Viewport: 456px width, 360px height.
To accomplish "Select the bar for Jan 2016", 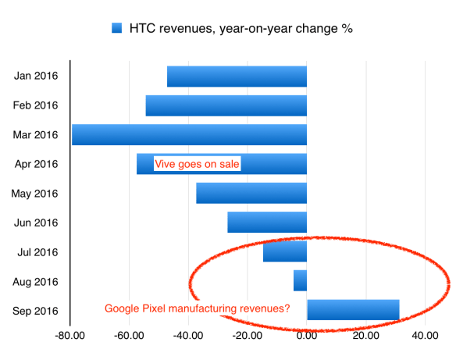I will click(237, 77).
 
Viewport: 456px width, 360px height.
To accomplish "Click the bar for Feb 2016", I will click(226, 105).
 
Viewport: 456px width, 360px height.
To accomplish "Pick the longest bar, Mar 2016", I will click(189, 134).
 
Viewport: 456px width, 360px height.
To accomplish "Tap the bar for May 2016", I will click(251, 193).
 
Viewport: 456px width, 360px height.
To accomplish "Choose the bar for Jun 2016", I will click(267, 223).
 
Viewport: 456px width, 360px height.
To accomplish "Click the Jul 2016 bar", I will click(285, 251).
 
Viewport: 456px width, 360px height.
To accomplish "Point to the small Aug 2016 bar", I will click(300, 280).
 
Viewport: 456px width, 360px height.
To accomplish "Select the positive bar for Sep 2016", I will click(353, 309).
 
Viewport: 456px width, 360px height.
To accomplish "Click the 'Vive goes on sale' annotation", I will click(197, 164).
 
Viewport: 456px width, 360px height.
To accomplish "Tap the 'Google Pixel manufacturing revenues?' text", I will click(198, 309).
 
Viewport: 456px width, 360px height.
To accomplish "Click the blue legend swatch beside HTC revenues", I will click(117, 29).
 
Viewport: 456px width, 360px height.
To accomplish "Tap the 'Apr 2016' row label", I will click(37, 164).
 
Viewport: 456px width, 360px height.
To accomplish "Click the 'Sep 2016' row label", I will click(37, 310).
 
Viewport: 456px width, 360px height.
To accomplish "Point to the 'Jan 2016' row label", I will click(37, 77).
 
